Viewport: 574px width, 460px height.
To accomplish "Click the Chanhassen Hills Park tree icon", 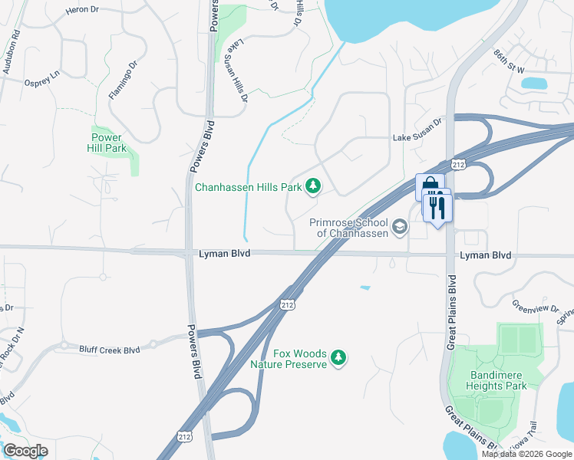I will [313, 186].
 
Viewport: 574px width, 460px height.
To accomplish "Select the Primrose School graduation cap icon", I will [399, 227].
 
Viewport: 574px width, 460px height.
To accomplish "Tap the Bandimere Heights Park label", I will [498, 381].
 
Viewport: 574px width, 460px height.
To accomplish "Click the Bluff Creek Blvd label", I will [110, 350].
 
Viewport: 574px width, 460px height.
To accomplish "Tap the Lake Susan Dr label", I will [418, 140].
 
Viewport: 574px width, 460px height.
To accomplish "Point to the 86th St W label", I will [510, 70].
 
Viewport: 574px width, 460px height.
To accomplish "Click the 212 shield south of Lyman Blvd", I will [287, 304].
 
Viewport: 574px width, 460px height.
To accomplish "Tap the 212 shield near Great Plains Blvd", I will [459, 165].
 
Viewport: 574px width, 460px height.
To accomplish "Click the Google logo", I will [25, 451].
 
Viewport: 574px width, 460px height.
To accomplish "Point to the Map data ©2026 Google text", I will [526, 454].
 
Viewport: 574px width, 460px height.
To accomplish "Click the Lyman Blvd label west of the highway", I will [225, 254].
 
